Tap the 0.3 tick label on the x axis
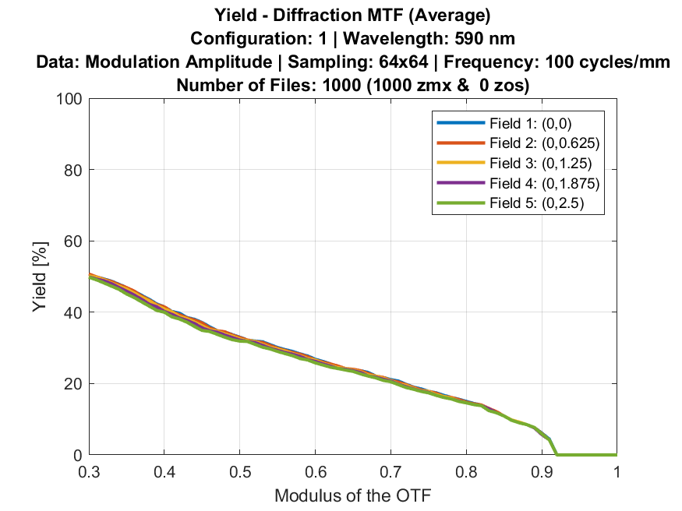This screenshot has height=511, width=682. tap(90, 472)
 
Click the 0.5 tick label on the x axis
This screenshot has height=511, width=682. tap(240, 472)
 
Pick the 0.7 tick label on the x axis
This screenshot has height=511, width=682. tap(390, 472)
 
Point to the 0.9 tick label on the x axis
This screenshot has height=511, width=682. tap(541, 472)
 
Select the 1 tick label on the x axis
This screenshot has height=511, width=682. tap(616, 472)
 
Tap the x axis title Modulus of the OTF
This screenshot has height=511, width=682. tap(352, 495)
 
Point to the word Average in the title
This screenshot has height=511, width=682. tap(454, 15)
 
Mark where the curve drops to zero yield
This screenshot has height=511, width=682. tap(556, 455)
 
